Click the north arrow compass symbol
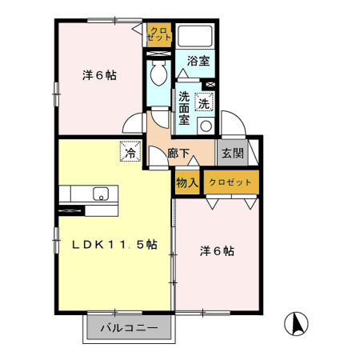point(295,324)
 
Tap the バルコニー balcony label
point(127,327)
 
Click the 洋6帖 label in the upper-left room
point(100,76)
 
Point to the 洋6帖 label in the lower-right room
point(217,251)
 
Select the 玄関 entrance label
point(233,154)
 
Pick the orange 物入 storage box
point(187,182)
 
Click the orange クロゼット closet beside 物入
point(230,182)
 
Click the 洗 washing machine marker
point(205,102)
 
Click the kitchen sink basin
point(102,193)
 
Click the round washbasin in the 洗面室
point(206,126)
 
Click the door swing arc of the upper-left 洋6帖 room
point(133,124)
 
